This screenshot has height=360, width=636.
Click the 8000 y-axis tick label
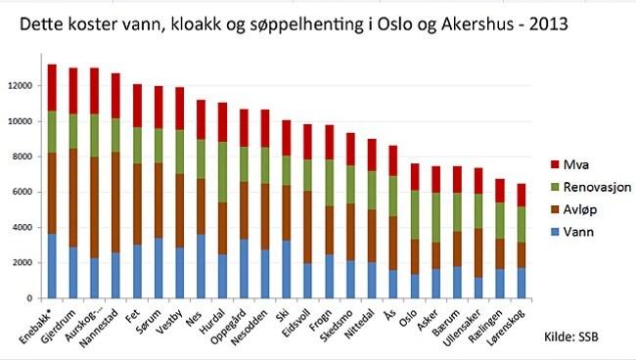point(25,157)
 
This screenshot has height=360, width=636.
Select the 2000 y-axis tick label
point(25,262)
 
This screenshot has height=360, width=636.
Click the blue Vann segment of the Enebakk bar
point(52,265)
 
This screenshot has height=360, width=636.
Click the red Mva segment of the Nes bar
point(202,119)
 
